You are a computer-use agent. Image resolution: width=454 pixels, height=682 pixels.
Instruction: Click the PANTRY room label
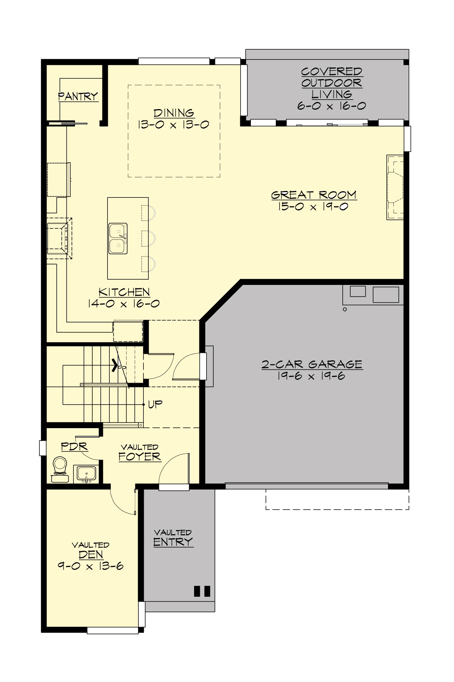[x=78, y=96]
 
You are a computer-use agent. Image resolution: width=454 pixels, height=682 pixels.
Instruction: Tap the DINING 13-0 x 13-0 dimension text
[x=174, y=125]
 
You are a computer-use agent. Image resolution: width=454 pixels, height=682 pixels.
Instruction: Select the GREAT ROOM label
[x=314, y=195]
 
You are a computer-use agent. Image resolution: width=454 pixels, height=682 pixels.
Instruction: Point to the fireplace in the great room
[x=395, y=187]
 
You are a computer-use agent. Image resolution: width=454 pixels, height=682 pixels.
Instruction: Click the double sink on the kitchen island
[x=118, y=238]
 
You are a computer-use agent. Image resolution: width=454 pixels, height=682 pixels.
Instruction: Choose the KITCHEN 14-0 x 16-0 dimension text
[x=124, y=303]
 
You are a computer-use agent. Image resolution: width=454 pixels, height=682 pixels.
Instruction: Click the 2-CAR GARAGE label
[x=312, y=364]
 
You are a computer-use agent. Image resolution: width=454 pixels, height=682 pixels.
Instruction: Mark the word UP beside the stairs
[x=155, y=404]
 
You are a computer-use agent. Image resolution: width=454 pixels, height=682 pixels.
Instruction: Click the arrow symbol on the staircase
[x=114, y=366]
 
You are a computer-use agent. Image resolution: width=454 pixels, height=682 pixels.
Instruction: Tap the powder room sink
[x=87, y=473]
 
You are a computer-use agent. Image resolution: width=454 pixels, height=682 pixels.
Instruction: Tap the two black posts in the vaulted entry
[x=202, y=591]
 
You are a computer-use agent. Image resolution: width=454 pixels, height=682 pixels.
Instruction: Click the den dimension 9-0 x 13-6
[x=91, y=566]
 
